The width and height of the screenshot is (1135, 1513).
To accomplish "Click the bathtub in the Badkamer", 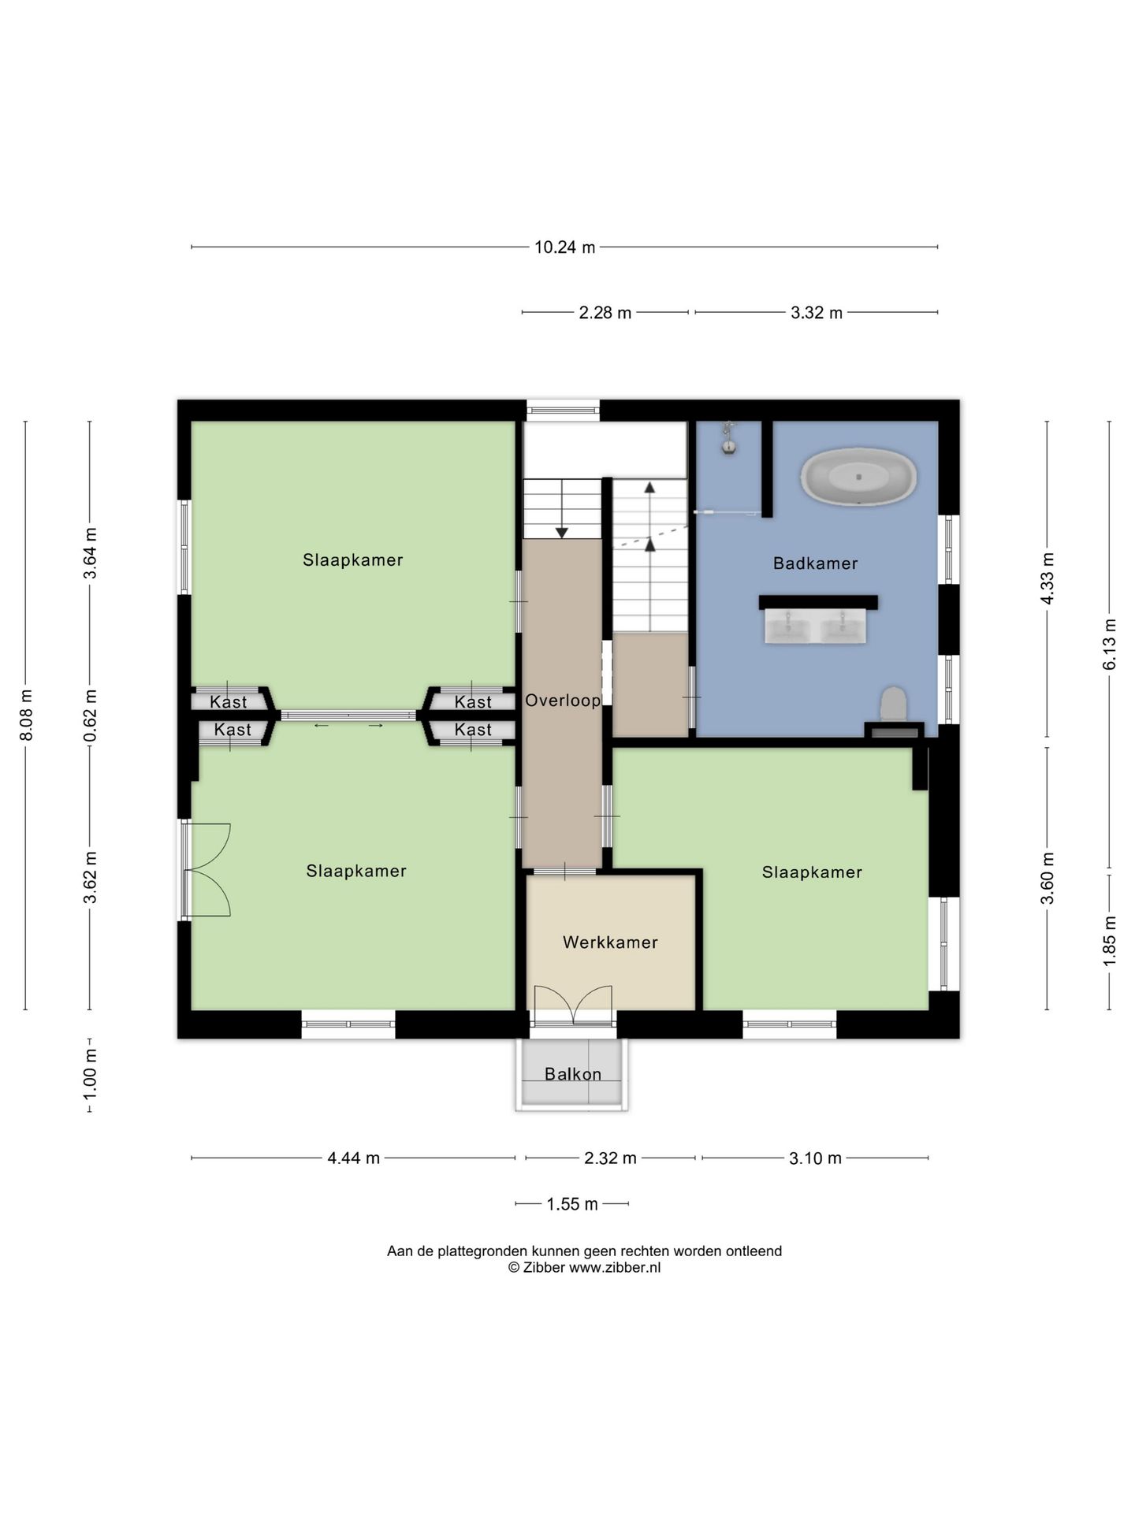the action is coord(858,477).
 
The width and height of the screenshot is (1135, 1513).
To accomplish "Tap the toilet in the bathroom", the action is coord(893,704).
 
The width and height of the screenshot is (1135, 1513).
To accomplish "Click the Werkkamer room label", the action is coord(610,942).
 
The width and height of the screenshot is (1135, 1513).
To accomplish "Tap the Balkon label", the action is coord(573,1074).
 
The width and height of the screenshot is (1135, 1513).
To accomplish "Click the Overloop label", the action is coord(563,701).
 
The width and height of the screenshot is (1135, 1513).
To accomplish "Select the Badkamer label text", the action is coord(815,563).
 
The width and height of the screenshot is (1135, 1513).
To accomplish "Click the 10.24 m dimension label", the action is coord(565,247).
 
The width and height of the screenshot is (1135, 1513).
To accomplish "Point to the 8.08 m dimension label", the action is coord(26,715).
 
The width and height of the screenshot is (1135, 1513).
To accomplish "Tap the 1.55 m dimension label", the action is coord(572,1204).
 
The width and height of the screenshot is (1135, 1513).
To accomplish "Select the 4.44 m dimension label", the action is coord(354,1158).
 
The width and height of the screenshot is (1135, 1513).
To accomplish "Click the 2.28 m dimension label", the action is coord(605,313).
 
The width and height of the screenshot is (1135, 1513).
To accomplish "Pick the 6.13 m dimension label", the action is coord(1110,645).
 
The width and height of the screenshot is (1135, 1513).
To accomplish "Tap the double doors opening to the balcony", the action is coord(573,1005).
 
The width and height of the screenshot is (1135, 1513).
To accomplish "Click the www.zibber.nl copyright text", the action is coord(584,1268).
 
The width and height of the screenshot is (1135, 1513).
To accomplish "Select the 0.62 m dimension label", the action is coord(91,715).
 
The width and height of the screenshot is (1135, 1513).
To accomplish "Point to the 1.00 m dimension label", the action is coord(91,1075).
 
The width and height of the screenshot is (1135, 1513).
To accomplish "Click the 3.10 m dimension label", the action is coord(815,1158).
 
